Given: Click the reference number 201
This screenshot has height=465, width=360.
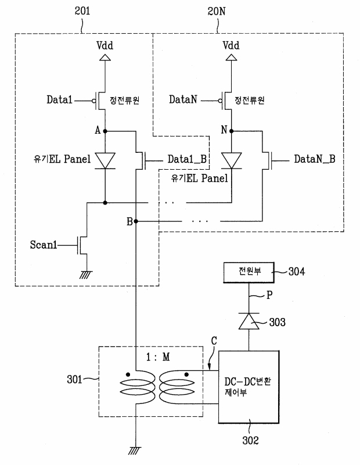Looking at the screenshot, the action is click(82, 11).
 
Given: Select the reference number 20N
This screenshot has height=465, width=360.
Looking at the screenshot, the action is click(217, 12).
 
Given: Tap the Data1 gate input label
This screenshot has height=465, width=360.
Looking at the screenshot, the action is click(60, 99).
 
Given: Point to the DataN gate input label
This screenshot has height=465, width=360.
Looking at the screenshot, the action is click(183, 99).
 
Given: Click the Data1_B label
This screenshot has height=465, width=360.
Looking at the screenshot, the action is click(187, 159).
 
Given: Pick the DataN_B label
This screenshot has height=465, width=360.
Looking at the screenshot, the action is click(315, 159).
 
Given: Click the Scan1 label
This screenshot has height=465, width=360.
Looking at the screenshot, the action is click(44, 245).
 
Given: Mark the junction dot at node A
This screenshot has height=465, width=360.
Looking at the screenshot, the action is click(105, 131).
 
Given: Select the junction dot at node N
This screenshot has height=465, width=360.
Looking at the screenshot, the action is click(232, 131).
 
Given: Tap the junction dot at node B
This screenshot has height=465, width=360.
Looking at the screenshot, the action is click(136, 221).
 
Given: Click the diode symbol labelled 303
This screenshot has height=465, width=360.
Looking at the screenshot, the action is click(249, 321).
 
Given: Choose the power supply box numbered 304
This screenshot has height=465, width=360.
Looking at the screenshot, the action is click(249, 272).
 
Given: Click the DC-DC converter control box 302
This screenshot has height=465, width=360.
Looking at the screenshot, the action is click(249, 387).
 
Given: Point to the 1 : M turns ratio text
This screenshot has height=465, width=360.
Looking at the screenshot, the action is click(158, 357).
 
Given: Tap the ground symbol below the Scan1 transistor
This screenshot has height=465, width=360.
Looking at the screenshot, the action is click(87, 275).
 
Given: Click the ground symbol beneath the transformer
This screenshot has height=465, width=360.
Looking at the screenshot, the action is click(135, 451).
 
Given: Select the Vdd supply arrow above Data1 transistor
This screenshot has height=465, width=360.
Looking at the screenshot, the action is click(105, 57).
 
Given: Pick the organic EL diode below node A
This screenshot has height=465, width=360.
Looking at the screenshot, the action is click(105, 161).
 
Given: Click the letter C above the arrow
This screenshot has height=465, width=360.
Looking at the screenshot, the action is click(214, 341).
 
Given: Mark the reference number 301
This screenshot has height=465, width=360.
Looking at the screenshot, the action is click(74, 380).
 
